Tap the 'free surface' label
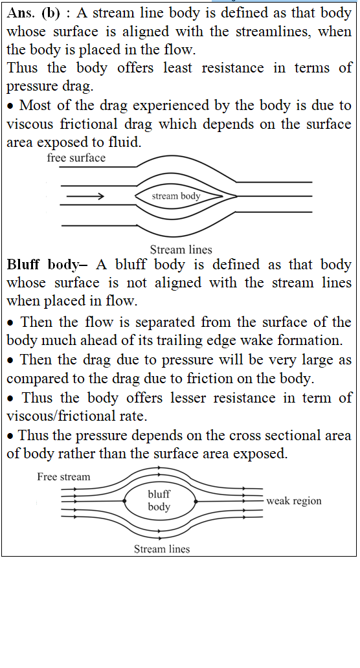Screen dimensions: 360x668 (76, 158)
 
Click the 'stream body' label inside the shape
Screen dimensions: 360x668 (176, 196)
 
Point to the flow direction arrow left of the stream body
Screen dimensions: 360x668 (85, 196)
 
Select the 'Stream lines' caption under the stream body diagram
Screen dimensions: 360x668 (181, 250)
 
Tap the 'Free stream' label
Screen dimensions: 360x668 (63, 476)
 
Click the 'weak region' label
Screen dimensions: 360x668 (293, 501)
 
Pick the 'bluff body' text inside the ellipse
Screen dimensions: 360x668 (159, 500)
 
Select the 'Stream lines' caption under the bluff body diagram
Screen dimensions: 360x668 (162, 549)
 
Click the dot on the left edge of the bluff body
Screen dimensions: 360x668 (125, 501)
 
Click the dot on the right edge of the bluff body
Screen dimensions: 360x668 (196, 502)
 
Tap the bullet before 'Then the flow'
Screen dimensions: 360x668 (10, 322)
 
